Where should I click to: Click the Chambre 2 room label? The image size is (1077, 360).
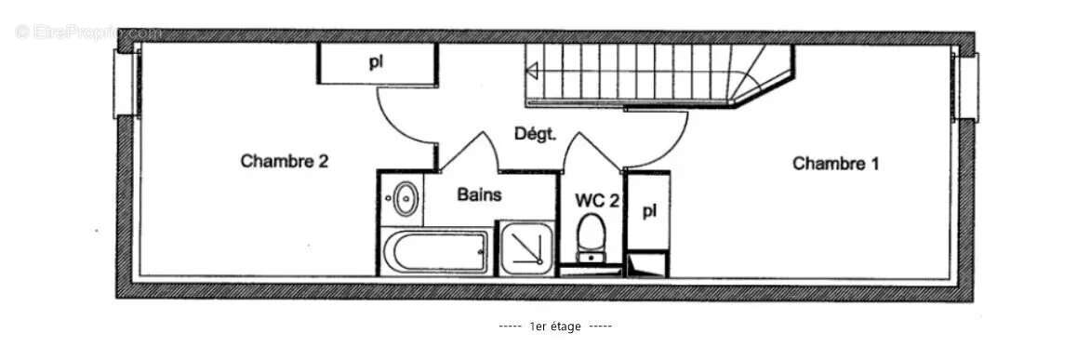285,161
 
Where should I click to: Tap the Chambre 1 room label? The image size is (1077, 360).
835,164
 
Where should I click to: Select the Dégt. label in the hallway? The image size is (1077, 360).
535,134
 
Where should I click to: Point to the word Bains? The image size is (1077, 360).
479,195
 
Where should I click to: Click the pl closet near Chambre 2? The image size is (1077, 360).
376,63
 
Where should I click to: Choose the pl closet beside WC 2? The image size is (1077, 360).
649,210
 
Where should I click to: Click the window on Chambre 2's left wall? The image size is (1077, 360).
124,84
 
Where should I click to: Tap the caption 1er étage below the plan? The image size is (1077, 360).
554,327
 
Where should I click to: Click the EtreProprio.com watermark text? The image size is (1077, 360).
88,33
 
